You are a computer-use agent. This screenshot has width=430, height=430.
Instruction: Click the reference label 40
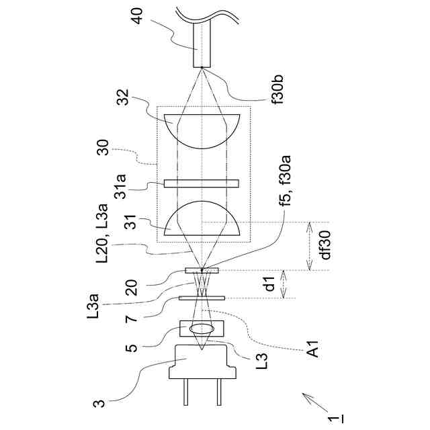pyautogui.click(x=137, y=16)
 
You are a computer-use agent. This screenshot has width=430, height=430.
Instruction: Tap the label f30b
pyautogui.click(x=277, y=89)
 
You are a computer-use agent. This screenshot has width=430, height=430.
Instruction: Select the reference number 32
pyautogui.click(x=122, y=97)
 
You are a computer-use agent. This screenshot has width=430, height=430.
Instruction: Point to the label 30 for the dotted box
pyautogui.click(x=103, y=148)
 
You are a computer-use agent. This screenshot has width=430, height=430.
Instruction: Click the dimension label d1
pyautogui.click(x=270, y=284)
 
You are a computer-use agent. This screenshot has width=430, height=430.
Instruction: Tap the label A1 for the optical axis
pyautogui.click(x=313, y=349)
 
